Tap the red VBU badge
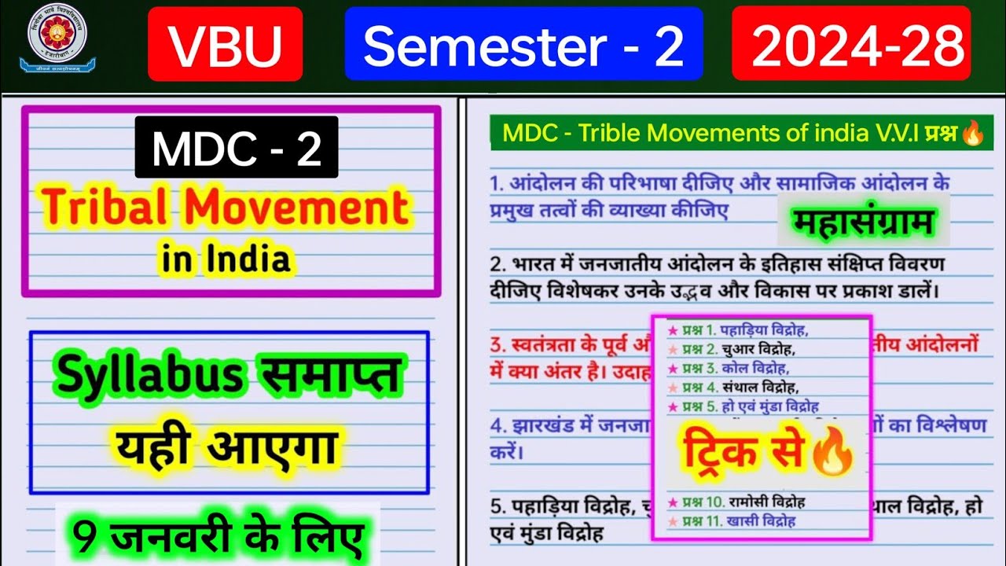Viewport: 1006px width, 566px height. (x=225, y=44)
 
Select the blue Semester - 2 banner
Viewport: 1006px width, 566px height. (x=523, y=44)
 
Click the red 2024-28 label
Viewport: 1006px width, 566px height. (x=851, y=44)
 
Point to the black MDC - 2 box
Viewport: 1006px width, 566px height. (x=237, y=147)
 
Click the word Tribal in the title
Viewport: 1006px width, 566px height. (x=108, y=208)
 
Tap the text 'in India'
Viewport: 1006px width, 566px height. (x=226, y=259)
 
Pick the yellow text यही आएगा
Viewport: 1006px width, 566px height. (x=227, y=447)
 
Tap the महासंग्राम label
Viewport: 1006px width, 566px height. (x=863, y=222)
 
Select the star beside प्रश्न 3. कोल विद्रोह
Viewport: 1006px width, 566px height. (x=673, y=368)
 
